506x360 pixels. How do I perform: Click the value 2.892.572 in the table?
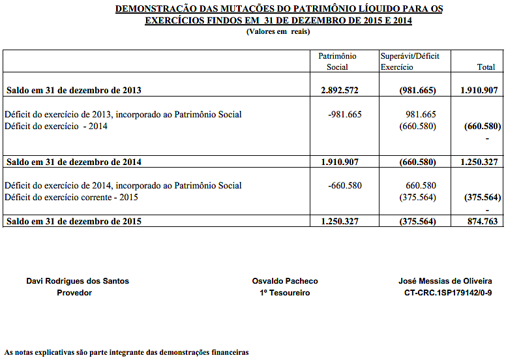pyautogui.click(x=340, y=90)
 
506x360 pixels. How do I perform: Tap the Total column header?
pyautogui.click(x=486, y=67)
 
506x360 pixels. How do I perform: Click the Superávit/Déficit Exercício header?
pyautogui.click(x=409, y=61)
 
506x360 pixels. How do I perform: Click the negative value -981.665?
pyautogui.click(x=345, y=114)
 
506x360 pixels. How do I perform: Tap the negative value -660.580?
pyautogui.click(x=345, y=185)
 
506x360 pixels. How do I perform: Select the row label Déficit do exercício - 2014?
pyautogui.click(x=56, y=126)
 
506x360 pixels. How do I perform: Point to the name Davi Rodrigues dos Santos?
pyautogui.click(x=78, y=281)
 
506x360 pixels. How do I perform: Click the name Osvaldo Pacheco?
pyautogui.click(x=285, y=281)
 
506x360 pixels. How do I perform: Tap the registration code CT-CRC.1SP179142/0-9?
pyautogui.click(x=447, y=293)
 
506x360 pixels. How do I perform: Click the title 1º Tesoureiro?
pyautogui.click(x=285, y=293)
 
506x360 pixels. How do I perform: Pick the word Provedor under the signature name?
pyautogui.click(x=74, y=293)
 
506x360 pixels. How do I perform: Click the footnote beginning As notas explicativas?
pyautogui.click(x=126, y=352)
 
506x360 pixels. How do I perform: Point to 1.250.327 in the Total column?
pyautogui.click(x=479, y=162)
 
